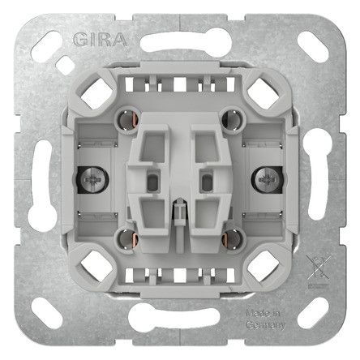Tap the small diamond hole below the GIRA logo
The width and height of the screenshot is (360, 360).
[66, 66]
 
